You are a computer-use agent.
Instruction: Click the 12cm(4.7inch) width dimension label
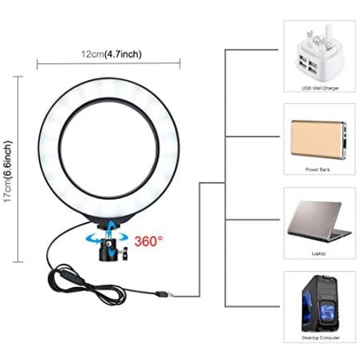click(111, 54)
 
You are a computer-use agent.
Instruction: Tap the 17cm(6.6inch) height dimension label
click(8, 171)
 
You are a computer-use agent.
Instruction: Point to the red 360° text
click(148, 241)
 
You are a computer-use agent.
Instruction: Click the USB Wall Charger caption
click(320, 88)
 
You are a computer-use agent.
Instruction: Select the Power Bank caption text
click(318, 169)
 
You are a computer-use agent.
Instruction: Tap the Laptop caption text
click(319, 253)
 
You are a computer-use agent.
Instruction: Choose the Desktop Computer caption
click(320, 338)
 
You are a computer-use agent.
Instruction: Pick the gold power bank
click(319, 140)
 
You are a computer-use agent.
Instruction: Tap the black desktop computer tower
click(320, 304)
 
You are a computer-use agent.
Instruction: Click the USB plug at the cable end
click(164, 294)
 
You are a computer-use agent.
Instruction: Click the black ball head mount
click(108, 250)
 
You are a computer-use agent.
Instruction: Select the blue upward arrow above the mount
click(111, 226)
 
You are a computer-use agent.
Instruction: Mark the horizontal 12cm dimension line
click(108, 63)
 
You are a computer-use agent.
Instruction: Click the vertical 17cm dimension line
click(18, 169)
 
